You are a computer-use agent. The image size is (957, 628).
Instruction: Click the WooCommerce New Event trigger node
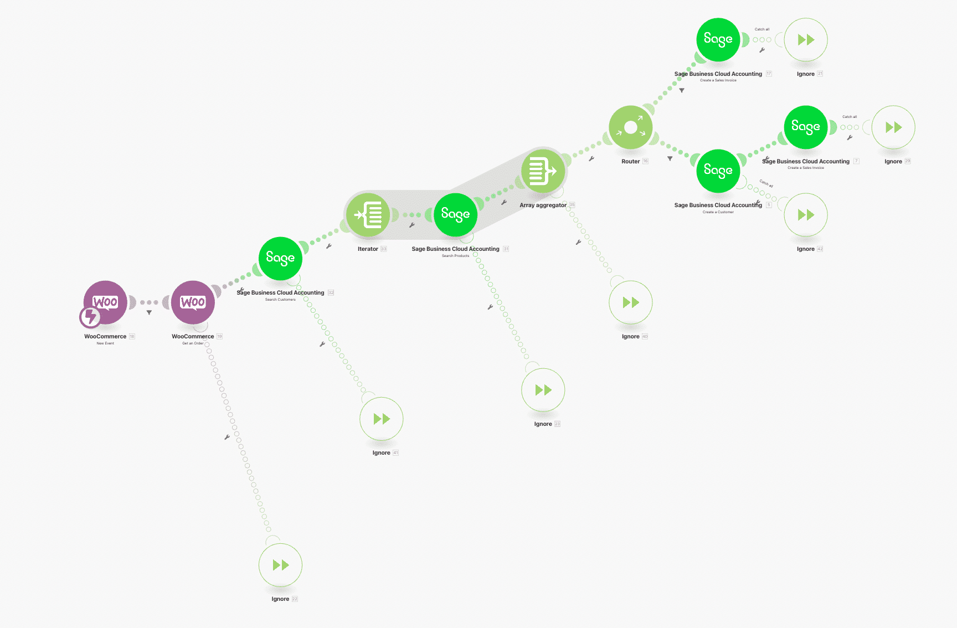105,302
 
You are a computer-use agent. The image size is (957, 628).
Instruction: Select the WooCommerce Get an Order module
193,302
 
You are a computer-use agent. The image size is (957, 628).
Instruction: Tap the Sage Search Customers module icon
280,258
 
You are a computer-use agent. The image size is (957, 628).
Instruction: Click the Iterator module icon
368,215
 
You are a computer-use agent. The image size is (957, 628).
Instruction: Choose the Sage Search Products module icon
455,215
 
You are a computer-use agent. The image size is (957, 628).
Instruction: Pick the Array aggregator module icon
543,171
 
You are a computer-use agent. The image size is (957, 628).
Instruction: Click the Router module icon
630,127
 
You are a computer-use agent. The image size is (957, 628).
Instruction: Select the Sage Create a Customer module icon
718,171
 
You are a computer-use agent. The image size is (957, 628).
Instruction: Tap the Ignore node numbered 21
806,40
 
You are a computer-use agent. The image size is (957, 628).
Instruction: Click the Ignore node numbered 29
893,127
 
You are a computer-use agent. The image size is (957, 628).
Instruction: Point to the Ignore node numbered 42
806,215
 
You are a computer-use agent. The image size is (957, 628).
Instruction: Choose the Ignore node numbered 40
630,302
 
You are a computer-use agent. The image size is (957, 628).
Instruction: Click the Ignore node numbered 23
543,390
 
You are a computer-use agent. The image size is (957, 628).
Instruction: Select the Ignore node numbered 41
381,419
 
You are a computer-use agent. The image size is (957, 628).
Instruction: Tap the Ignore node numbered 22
280,565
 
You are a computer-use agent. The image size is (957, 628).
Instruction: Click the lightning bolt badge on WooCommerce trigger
90,317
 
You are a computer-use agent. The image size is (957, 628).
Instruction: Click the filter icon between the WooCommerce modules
149,312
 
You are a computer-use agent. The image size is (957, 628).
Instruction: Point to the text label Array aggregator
543,205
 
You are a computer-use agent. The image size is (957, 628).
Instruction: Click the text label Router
630,162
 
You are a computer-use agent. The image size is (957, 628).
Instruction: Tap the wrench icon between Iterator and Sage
411,225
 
